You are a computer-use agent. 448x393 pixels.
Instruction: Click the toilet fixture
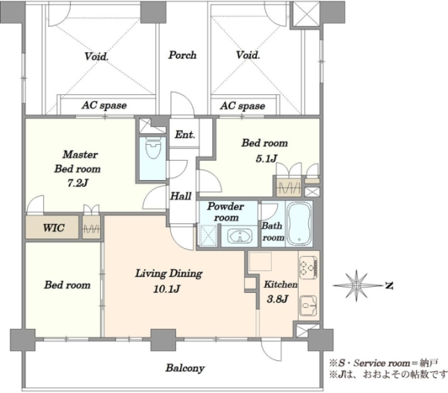tap(153, 147)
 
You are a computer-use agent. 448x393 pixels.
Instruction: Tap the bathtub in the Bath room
tap(299, 223)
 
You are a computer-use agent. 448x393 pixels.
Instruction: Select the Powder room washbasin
tap(240, 237)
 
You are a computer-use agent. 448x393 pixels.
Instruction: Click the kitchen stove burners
tap(308, 267)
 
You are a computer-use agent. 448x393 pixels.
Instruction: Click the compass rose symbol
tap(356, 285)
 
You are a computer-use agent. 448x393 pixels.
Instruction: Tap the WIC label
tap(54, 228)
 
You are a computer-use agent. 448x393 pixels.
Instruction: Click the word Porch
tap(182, 55)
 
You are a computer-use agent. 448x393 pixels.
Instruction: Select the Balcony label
tap(185, 368)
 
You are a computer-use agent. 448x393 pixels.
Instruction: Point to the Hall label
tap(181, 196)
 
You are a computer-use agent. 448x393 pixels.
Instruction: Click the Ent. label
tap(185, 134)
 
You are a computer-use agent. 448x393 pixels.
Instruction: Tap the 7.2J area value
tap(78, 183)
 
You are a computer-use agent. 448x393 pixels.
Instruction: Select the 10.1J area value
tap(167, 289)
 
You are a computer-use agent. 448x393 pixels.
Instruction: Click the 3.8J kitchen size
tap(277, 299)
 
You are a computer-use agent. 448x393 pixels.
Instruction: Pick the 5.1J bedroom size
tap(267, 158)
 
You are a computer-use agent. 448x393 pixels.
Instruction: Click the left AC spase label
tap(105, 105)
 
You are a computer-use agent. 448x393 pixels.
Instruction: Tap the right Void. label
tap(248, 55)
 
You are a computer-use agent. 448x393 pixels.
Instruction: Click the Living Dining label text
tap(169, 273)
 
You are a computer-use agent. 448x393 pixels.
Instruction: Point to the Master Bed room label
tap(78, 161)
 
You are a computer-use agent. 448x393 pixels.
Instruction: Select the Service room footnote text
tap(383, 363)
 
